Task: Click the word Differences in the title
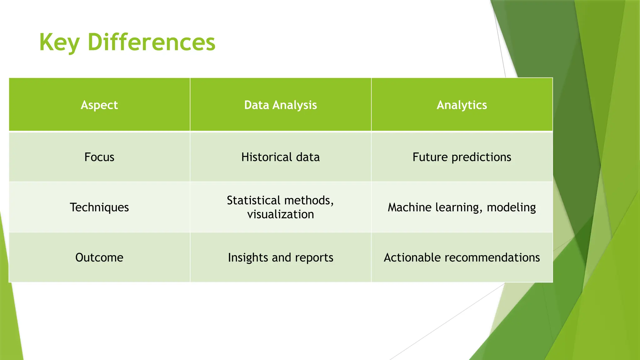tap(152, 42)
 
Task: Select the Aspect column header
tap(99, 105)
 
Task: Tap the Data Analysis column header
tap(280, 105)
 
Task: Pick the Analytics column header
tap(462, 105)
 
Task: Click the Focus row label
tap(99, 157)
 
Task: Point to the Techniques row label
tap(99, 207)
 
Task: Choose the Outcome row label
tap(99, 257)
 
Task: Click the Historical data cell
tap(280, 157)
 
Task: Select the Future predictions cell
tap(462, 157)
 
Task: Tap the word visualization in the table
tap(280, 214)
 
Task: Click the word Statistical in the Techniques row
tap(253, 200)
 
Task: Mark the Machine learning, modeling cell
tap(462, 207)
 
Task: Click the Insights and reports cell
tap(280, 257)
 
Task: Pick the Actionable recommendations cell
tap(462, 257)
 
